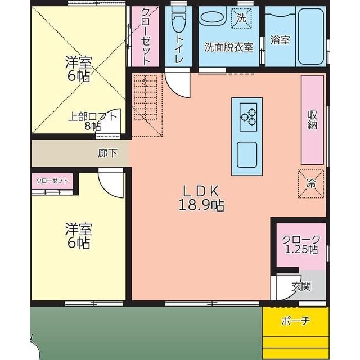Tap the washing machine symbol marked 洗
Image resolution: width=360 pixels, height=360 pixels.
point(242,17)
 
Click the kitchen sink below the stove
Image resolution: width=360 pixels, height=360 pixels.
point(247,154)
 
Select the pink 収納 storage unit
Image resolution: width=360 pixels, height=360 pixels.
point(312,119)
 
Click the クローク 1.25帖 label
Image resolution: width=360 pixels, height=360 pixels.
point(301,244)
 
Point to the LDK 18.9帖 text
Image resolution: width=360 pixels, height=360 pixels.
point(201,197)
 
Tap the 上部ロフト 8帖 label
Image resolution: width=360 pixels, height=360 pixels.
point(93,121)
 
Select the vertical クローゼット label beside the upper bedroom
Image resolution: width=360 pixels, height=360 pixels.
point(145,36)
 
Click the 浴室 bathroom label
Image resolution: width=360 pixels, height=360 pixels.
point(280,41)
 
